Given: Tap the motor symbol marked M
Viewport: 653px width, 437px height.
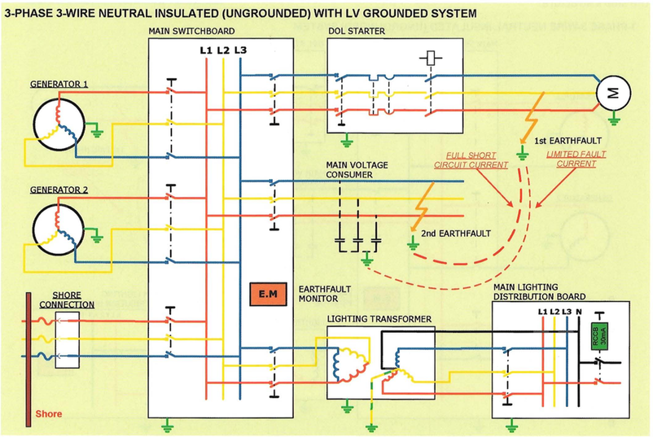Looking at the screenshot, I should click(x=609, y=93).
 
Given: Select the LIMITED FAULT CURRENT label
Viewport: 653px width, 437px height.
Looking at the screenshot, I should click(x=576, y=158).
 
